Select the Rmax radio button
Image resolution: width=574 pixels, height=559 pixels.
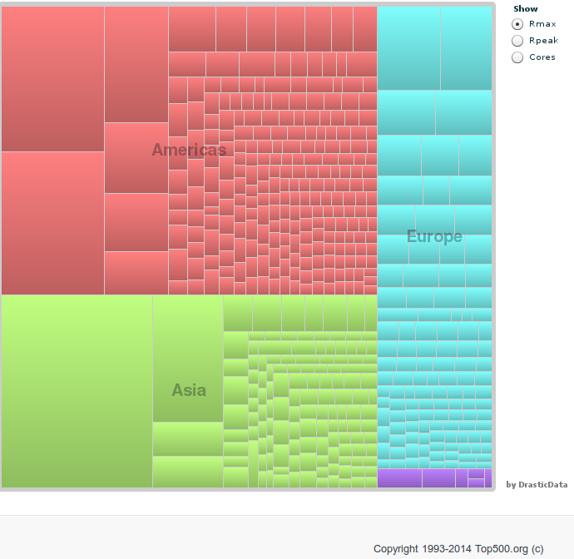point(517,24)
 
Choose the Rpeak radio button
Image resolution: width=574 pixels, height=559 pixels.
point(517,41)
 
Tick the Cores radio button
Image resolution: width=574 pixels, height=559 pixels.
point(517,57)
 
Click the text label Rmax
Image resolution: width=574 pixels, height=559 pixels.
point(542,24)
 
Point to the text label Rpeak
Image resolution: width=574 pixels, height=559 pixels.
point(544,41)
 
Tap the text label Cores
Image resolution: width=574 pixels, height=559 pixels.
point(542,57)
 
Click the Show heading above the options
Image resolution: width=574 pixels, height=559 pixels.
point(526,9)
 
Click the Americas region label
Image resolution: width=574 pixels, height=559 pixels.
point(189,150)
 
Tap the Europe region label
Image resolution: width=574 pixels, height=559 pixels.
point(434,236)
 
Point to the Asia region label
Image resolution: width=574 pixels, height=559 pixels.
point(189,389)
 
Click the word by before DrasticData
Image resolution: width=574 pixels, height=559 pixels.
point(511,485)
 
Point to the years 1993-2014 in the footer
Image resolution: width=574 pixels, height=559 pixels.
point(448,549)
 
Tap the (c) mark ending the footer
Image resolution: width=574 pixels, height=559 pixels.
point(537,549)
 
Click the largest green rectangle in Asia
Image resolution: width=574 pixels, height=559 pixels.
point(77,391)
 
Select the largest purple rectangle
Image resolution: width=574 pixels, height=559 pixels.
point(399,478)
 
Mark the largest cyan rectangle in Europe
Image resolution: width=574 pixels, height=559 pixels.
point(408,47)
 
